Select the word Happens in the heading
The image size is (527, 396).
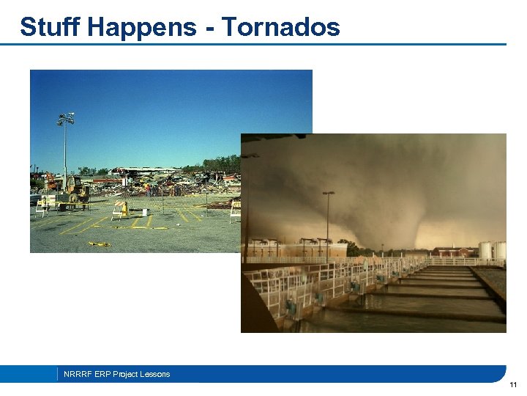[141, 27]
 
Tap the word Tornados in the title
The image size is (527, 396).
[281, 27]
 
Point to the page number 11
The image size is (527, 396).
[513, 385]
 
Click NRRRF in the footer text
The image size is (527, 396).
[78, 374]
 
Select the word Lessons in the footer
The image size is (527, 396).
[156, 374]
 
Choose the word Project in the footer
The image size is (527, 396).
[127, 374]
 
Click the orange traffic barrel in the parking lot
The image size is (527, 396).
[125, 209]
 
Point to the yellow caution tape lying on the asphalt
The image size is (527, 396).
[100, 243]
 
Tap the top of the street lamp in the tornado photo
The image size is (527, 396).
[328, 194]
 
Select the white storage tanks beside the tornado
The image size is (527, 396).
[492, 251]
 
